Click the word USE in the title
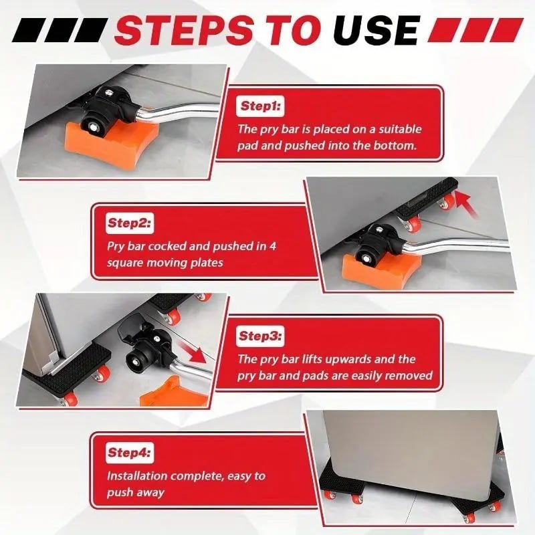[x=377, y=30]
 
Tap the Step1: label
[x=262, y=106]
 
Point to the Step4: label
[x=130, y=453]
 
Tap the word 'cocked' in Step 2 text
[x=178, y=246]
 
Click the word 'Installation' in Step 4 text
[x=138, y=476]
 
